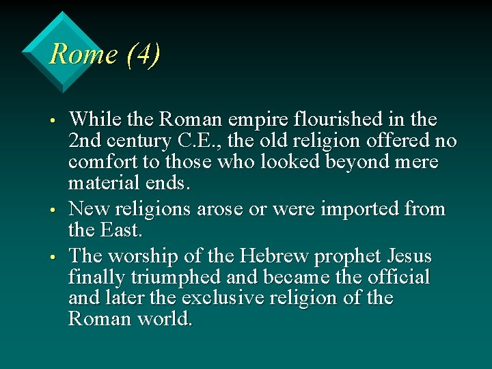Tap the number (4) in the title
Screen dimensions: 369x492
click(143, 54)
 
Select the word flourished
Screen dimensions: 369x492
click(327, 120)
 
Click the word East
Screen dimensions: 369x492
click(122, 230)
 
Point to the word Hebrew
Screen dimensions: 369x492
click(270, 256)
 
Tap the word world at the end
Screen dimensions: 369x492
click(166, 318)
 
